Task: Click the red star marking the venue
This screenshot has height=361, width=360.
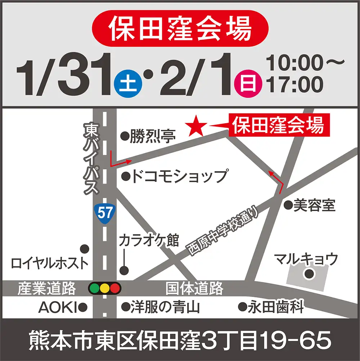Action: coord(197,125)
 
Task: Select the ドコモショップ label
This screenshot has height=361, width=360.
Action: coord(179,176)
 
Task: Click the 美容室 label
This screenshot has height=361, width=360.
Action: coord(314,205)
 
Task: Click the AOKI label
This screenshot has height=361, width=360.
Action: coord(58,307)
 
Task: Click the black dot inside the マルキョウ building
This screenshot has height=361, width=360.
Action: coord(309,274)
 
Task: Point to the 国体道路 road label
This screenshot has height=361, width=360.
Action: coord(194,288)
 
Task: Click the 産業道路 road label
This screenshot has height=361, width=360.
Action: coord(47,288)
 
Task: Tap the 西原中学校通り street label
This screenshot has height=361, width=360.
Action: coord(224,231)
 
